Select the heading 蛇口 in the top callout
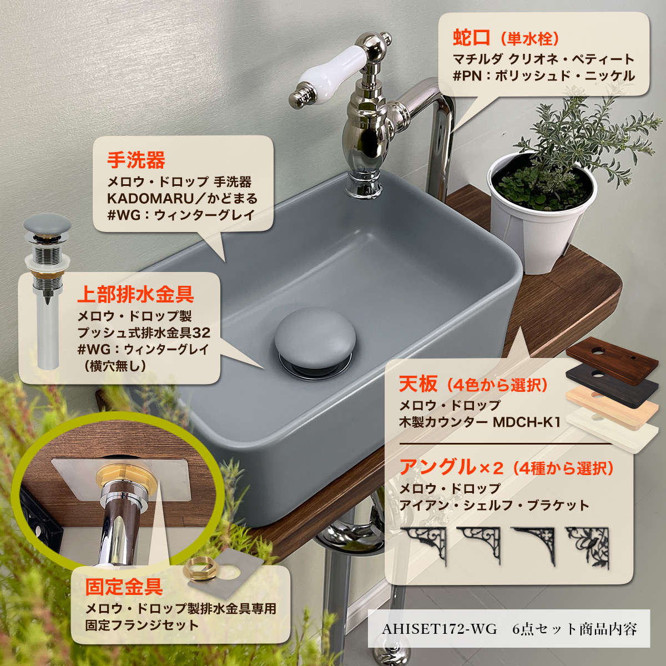tap(471, 38)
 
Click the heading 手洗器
tap(136, 160)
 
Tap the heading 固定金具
tap(123, 586)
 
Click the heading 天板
tap(415, 384)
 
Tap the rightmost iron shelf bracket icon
tap(587, 547)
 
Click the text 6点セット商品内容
tap(574, 629)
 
